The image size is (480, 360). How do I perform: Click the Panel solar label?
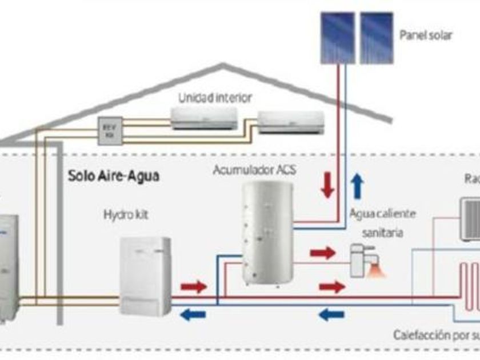click(x=426, y=35)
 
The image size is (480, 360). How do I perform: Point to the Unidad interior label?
click(x=215, y=98)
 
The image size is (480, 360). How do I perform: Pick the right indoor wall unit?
click(x=291, y=122)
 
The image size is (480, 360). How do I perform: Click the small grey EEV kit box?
click(x=107, y=130)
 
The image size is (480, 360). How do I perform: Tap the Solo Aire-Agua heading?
click(x=114, y=175)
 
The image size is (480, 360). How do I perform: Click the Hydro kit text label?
click(x=126, y=215)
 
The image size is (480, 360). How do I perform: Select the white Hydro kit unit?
click(x=145, y=275)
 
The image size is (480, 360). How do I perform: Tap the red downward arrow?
click(x=327, y=185)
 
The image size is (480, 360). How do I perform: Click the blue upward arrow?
click(x=357, y=185)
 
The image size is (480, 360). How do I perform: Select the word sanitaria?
click(x=382, y=233)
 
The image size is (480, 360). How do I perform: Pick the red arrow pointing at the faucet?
click(x=322, y=252)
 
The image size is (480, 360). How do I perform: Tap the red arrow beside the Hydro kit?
click(x=193, y=287)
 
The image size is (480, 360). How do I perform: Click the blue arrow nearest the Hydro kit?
click(x=193, y=313)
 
